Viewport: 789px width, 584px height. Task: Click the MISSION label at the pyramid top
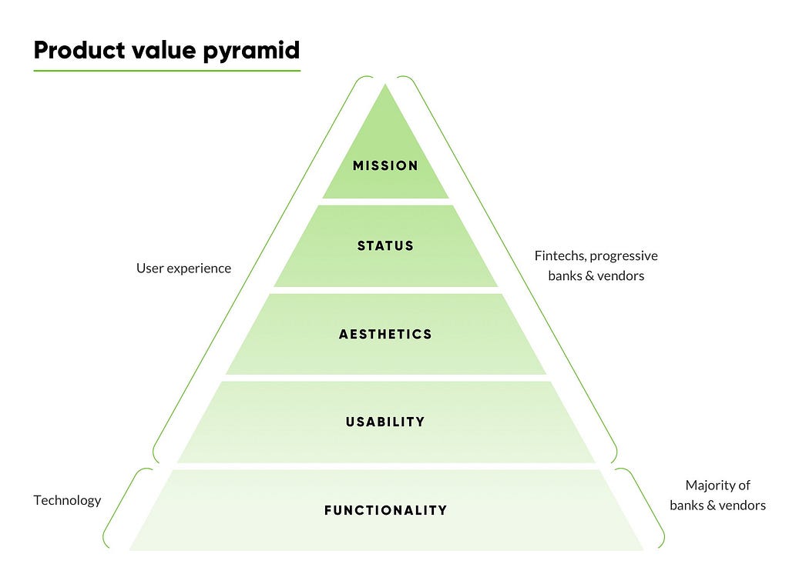pos(385,165)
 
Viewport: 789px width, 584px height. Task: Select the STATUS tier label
pos(385,245)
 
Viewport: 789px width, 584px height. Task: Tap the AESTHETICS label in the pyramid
pos(385,334)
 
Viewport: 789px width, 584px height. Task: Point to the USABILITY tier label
pos(385,422)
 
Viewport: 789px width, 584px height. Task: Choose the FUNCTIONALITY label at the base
pos(385,510)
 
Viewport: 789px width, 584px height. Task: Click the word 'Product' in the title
pos(79,50)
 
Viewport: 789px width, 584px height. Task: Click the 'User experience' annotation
pos(183,269)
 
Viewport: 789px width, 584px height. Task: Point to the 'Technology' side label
pos(68,501)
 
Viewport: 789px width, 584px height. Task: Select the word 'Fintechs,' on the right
pos(560,255)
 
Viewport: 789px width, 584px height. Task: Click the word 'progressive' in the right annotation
pos(624,256)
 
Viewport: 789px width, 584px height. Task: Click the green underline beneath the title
pos(167,71)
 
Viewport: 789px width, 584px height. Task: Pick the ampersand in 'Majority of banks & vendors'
pos(711,506)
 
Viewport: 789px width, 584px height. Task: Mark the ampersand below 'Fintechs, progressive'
pos(589,276)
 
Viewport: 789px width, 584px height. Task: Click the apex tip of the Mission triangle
pos(385,84)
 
